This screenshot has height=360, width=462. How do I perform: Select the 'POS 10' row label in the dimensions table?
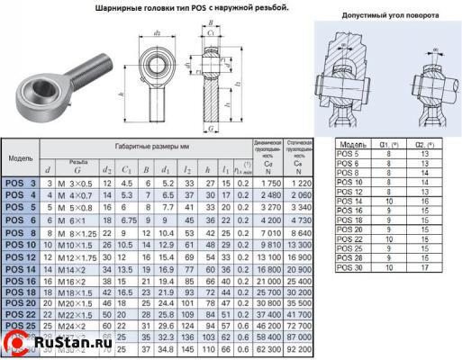point(22,245)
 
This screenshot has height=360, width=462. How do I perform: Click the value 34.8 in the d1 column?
point(165,346)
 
